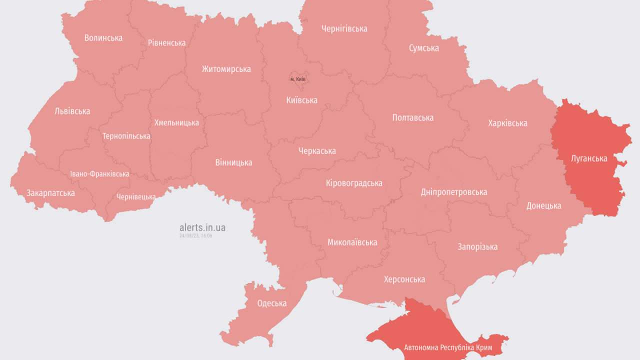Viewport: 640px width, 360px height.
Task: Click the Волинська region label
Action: pyautogui.click(x=103, y=38)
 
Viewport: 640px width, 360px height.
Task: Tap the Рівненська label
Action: pyautogui.click(x=166, y=43)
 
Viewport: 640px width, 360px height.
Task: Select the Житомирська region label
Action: pyautogui.click(x=226, y=69)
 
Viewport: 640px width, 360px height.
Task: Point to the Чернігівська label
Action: pyautogui.click(x=344, y=28)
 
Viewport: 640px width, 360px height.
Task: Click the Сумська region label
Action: pyautogui.click(x=423, y=48)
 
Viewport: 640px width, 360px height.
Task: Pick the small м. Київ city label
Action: pyautogui.click(x=298, y=79)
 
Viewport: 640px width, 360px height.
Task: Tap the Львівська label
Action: pyautogui.click(x=72, y=111)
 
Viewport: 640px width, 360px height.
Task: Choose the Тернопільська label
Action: pyautogui.click(x=126, y=136)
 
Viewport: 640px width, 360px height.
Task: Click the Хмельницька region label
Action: pyautogui.click(x=176, y=122)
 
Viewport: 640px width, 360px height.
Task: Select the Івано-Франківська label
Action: pyautogui.click(x=99, y=174)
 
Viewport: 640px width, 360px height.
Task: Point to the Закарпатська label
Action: pyautogui.click(x=50, y=193)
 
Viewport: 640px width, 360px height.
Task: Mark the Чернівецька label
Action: pyautogui.click(x=136, y=197)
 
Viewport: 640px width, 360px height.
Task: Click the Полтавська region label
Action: pyautogui.click(x=412, y=117)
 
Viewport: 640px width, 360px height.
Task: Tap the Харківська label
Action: pyautogui.click(x=507, y=123)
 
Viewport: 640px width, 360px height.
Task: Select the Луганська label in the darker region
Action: pyautogui.click(x=589, y=158)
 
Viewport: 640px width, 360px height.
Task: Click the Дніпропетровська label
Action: pyautogui.click(x=453, y=192)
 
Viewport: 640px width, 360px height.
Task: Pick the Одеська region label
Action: pyautogui.click(x=271, y=303)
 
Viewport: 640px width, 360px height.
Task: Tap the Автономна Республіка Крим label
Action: pyautogui.click(x=448, y=347)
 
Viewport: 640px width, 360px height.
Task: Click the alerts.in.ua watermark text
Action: pyautogui.click(x=202, y=227)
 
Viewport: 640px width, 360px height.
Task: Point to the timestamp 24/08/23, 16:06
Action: pyautogui.click(x=195, y=235)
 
